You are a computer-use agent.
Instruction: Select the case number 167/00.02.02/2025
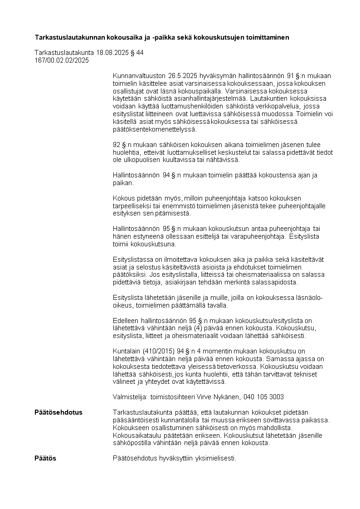pyautogui.click(x=62, y=60)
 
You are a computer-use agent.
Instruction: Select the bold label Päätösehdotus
pyautogui.click(x=58, y=412)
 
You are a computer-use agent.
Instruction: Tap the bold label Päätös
pyautogui.click(x=45, y=458)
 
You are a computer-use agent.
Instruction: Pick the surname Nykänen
pyautogui.click(x=228, y=397)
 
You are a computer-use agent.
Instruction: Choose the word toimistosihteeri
pyautogui.click(x=172, y=397)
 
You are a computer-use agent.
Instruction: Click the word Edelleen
pyautogui.click(x=126, y=321)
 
